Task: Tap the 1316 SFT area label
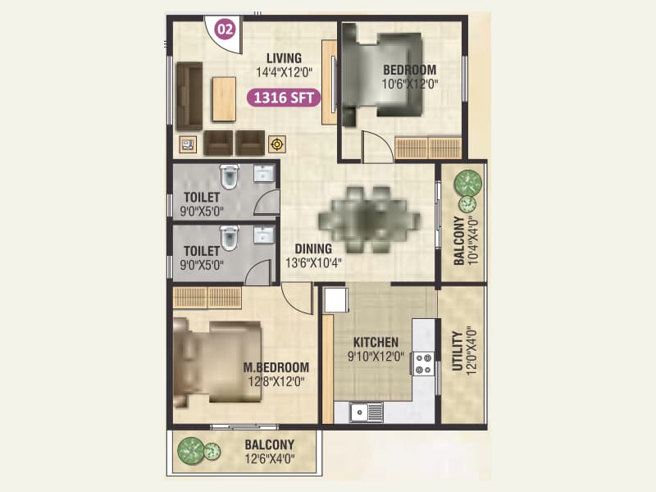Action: tap(284, 98)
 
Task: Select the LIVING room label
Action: tap(284, 58)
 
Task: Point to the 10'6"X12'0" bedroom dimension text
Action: tap(408, 84)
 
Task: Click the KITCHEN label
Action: tap(376, 342)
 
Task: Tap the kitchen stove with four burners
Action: tap(423, 363)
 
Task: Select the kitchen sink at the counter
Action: tap(367, 412)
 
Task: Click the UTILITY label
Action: tap(458, 352)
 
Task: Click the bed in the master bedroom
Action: tap(217, 361)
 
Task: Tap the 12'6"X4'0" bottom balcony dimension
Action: tap(269, 459)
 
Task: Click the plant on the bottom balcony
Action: tap(192, 449)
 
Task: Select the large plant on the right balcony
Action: tap(468, 181)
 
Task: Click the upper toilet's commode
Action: tap(229, 175)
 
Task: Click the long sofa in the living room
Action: tap(189, 95)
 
